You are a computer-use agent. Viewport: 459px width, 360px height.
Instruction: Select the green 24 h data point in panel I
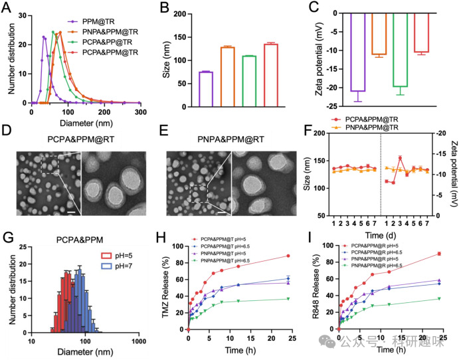coord(440,299)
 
